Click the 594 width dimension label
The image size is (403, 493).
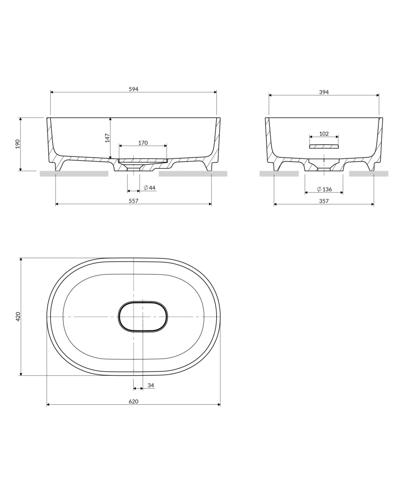coord(134,89)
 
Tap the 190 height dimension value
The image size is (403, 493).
coord(18,144)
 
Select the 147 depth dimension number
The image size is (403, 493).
coord(107,138)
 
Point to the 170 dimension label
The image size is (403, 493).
coord(143,143)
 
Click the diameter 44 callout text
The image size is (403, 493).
coord(149,188)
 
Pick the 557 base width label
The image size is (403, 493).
coord(134,201)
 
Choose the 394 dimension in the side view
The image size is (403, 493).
coord(324,92)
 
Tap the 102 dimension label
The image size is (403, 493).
coord(324,134)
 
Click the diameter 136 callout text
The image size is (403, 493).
coord(324,189)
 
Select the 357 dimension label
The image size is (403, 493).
coord(324,201)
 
